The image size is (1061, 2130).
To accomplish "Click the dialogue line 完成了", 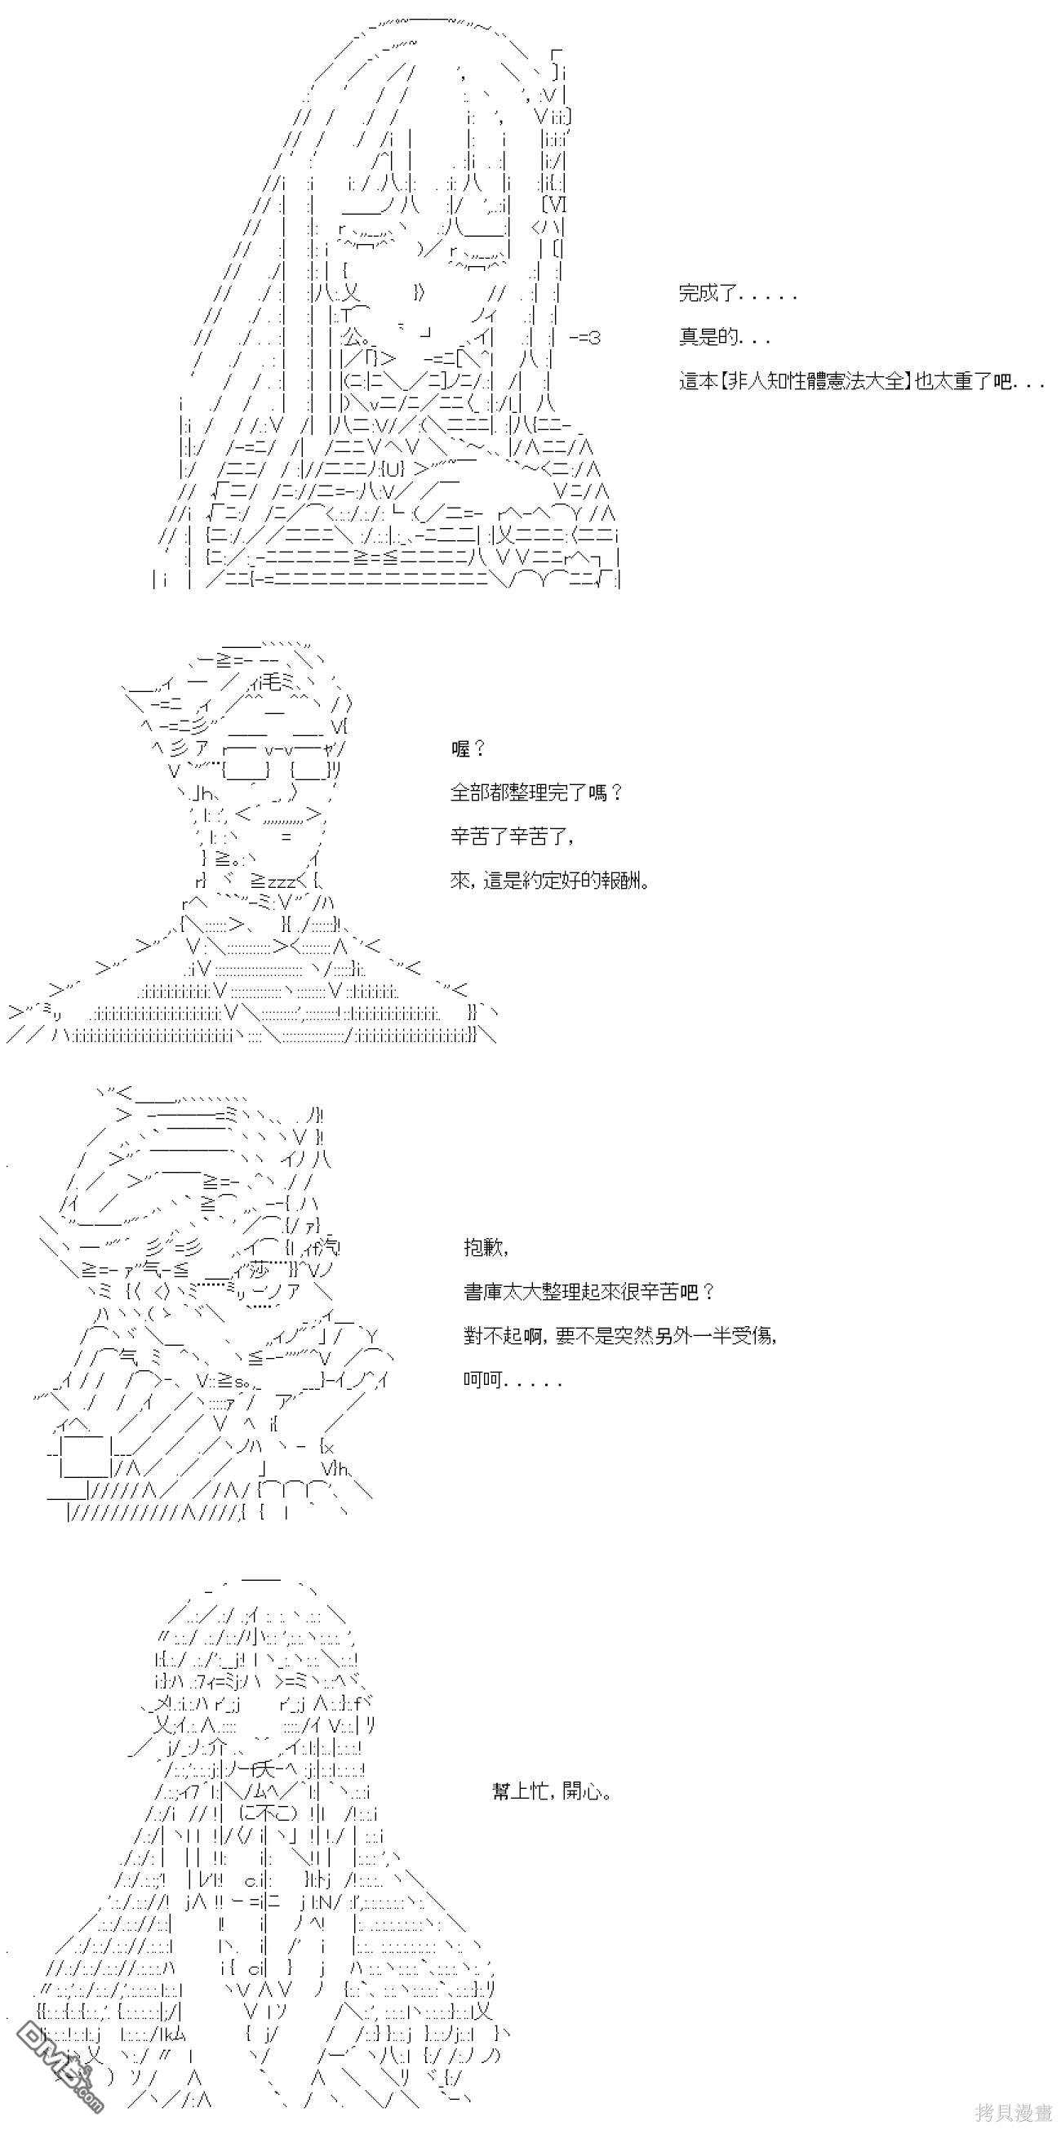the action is tap(738, 293).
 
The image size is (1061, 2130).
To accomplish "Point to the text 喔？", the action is tap(468, 748).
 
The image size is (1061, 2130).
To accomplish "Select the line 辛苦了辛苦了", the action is tap(512, 836).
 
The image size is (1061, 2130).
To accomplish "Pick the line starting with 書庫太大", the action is tap(588, 1291).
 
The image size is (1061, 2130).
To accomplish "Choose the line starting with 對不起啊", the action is tap(620, 1334).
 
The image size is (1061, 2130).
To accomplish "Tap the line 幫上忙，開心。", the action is tap(552, 1791).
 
